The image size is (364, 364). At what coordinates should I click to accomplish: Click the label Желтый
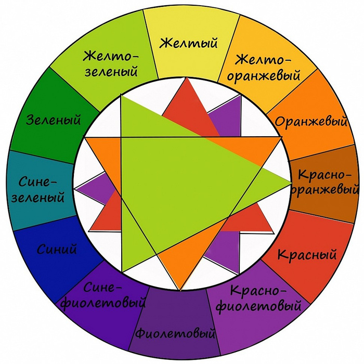pos(188,43)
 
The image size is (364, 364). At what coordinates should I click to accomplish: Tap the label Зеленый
pos(54,120)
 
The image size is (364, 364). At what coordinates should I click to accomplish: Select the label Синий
pos(57,249)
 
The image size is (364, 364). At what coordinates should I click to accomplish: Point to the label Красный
pos(307,255)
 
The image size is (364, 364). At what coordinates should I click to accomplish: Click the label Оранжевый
pos(311,122)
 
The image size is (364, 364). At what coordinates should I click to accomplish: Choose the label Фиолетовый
pos(176,332)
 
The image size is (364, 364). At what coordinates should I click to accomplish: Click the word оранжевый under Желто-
pos(264,74)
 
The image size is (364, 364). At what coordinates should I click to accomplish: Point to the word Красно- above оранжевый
pos(326,175)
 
